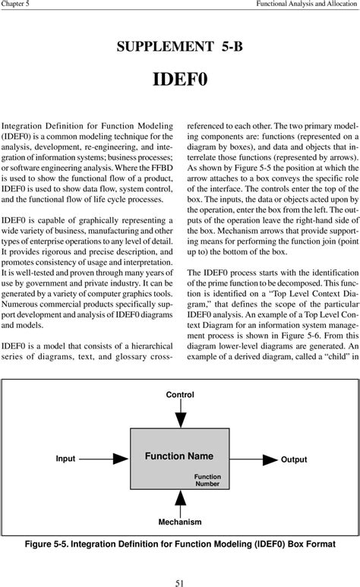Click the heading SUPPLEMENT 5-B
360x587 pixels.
[180, 48]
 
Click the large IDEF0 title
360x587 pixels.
[180, 81]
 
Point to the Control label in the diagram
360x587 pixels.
[180, 394]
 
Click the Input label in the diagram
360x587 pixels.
[65, 459]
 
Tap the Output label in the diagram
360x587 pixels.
[294, 459]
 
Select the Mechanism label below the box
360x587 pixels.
[180, 522]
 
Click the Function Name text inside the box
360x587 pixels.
[179, 456]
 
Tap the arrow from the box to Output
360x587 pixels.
[254, 459]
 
